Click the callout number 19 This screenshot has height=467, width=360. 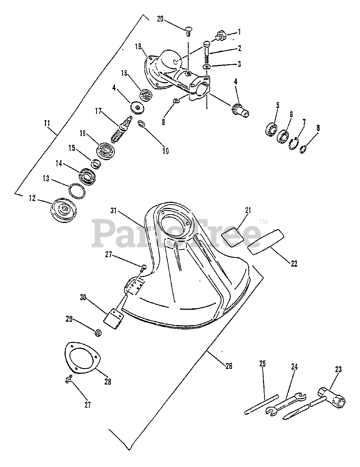coord(138,46)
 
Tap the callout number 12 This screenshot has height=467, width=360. coord(32,198)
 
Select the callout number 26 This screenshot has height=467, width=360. coord(228,366)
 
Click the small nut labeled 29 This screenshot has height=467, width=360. coord(98,332)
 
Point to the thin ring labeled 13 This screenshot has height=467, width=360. coord(77,190)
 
